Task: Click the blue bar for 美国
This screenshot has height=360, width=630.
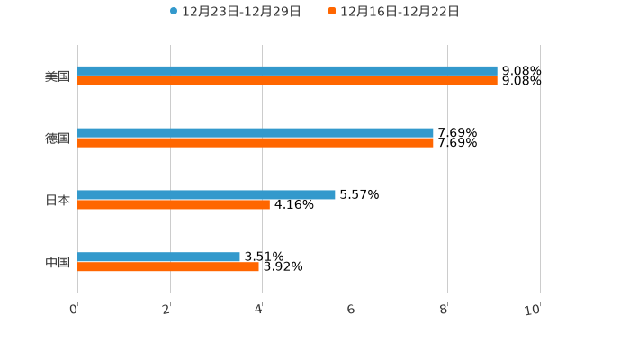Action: coord(287,70)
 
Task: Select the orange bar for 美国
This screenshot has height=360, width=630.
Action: coord(287,81)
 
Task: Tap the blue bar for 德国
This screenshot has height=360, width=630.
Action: coord(256,132)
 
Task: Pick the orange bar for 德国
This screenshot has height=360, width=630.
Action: coord(256,143)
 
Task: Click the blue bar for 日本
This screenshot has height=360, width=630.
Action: coord(206,194)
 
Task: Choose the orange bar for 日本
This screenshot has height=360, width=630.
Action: coord(174,205)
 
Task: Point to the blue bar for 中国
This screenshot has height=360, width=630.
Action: coord(158,256)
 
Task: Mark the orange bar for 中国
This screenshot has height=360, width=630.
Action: coord(168,267)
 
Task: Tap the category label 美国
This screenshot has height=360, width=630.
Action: coord(58,76)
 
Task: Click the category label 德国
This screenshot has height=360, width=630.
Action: coord(58,139)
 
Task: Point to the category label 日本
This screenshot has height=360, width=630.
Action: coord(58,201)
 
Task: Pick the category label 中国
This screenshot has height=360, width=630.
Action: coord(58,263)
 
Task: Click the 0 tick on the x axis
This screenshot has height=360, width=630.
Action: coord(74,310)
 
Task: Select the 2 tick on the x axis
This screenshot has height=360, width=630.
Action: coord(166,310)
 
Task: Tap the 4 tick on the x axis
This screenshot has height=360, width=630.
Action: coord(259,310)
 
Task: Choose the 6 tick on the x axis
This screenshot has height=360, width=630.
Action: coord(352,310)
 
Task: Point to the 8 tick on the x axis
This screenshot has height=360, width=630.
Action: coord(445,310)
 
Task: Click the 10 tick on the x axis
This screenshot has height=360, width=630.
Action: coord(533,310)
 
